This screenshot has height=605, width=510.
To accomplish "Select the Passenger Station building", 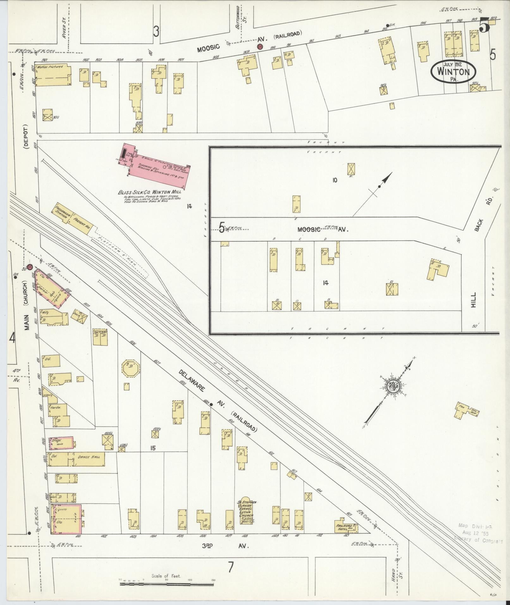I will [62, 213].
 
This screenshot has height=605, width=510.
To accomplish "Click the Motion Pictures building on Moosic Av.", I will [52, 75].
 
